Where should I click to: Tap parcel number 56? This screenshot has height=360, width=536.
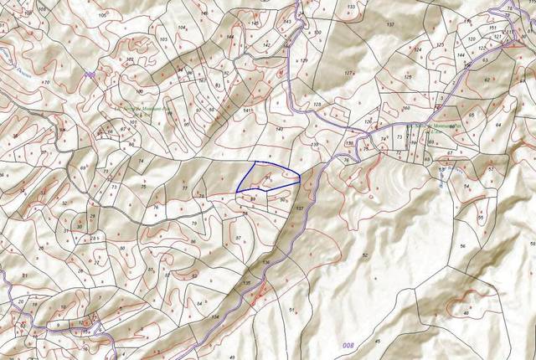462,245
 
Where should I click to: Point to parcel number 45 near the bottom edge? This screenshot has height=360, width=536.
377,342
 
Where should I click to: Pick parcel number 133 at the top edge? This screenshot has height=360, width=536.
350,7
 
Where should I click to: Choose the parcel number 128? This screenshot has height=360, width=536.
317,104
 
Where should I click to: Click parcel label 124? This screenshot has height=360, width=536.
417,50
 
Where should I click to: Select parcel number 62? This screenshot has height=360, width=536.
486,80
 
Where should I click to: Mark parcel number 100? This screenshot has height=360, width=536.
140,90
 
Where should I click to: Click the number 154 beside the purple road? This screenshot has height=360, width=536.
215,316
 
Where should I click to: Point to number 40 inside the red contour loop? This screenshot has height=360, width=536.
466,313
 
